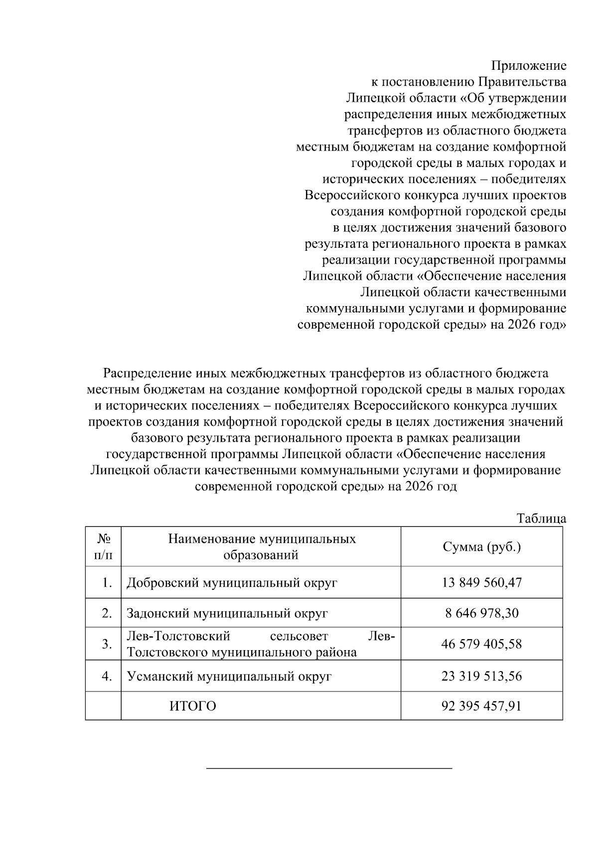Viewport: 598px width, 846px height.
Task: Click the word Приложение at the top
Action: pos(529,66)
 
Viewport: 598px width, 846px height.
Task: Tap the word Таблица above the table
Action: pos(541,518)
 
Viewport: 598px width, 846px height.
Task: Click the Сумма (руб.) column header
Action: pos(481,547)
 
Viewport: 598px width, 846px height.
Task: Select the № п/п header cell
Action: pos(103,547)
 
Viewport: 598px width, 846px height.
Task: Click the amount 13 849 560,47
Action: pos(481,582)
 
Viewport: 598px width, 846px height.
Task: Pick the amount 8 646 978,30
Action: pos(481,613)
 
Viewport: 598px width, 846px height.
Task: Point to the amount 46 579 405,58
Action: pos(481,644)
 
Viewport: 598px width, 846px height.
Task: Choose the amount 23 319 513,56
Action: pos(481,676)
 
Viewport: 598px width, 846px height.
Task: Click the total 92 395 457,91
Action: pos(481,706)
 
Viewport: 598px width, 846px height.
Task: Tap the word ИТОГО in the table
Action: pos(193,706)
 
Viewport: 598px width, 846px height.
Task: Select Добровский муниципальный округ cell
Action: pos(232,582)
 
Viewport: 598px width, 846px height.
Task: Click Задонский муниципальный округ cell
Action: pos(227,613)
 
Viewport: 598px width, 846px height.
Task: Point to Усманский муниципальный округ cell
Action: pos(229,676)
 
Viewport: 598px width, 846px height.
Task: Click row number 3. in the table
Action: pos(107,644)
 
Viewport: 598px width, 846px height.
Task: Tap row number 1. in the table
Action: pos(107,582)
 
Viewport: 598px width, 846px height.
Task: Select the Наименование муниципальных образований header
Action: pos(261,547)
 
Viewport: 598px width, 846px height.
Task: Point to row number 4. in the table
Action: pos(107,676)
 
